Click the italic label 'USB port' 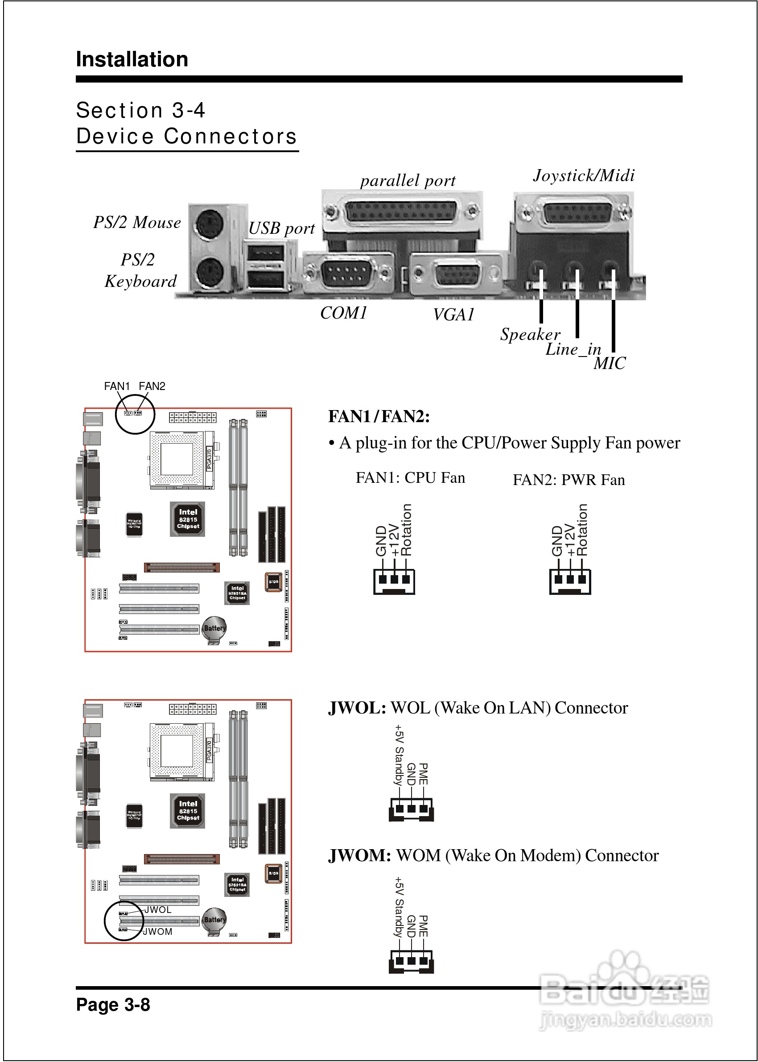(x=281, y=228)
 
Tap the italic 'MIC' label (x=609, y=363)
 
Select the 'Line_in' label (x=573, y=349)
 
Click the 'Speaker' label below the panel (x=530, y=334)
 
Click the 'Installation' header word (x=132, y=60)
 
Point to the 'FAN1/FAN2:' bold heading (x=379, y=416)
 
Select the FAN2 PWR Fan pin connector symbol (x=570, y=581)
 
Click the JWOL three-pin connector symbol (x=411, y=809)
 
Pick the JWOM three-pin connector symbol (x=411, y=961)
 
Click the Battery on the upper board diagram (x=214, y=629)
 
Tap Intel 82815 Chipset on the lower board (x=188, y=811)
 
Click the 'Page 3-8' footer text (x=113, y=1004)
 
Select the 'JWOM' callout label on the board (x=158, y=932)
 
